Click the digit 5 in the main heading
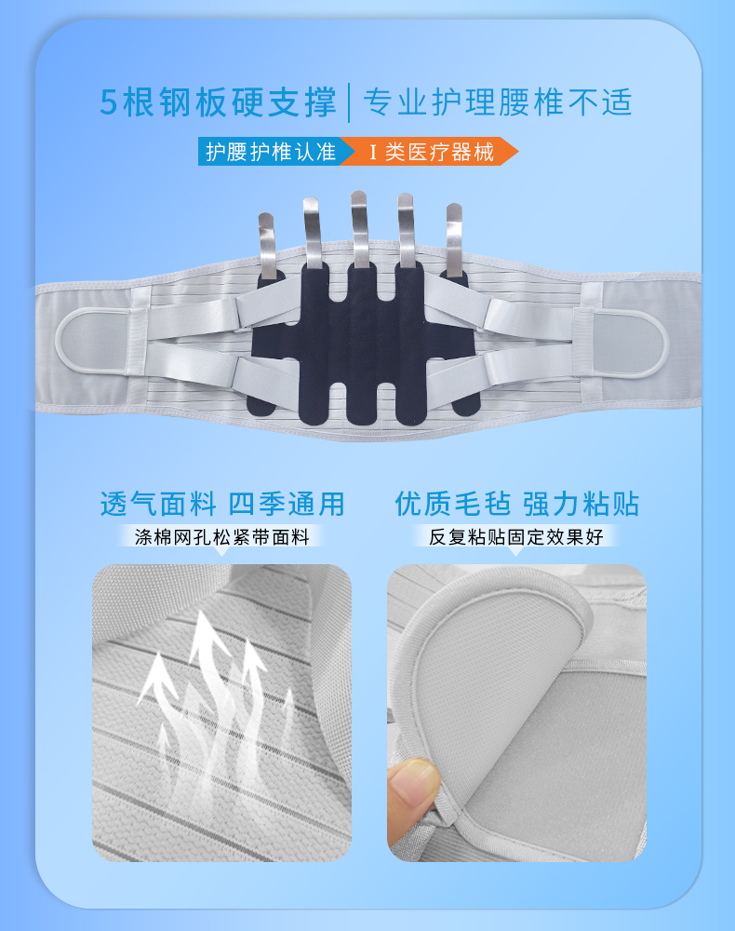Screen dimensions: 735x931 [x=109, y=102]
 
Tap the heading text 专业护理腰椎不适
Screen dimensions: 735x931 [x=498, y=102]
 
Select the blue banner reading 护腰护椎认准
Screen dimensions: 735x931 [x=272, y=152]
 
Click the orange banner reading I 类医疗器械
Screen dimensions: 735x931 [x=432, y=152]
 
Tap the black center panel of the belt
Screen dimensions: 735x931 [x=362, y=344]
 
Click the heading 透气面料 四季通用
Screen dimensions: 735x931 [x=221, y=504]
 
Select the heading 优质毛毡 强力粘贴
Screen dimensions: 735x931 [x=516, y=504]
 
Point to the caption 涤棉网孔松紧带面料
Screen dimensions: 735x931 [x=221, y=537]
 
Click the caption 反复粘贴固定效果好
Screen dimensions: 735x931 [x=516, y=537]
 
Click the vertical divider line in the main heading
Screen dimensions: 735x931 [x=349, y=102]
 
